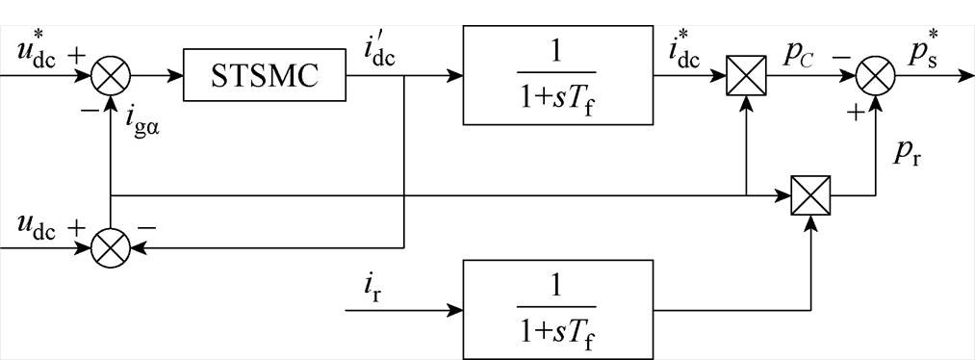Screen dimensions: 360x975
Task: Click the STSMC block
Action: pyautogui.click(x=265, y=75)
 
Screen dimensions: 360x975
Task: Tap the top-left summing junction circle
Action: pyautogui.click(x=113, y=76)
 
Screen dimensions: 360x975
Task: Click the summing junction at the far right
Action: pyautogui.click(x=875, y=76)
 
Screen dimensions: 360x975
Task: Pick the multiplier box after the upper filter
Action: pyautogui.click(x=746, y=76)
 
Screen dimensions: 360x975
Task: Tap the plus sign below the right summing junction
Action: pyautogui.click(x=853, y=113)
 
